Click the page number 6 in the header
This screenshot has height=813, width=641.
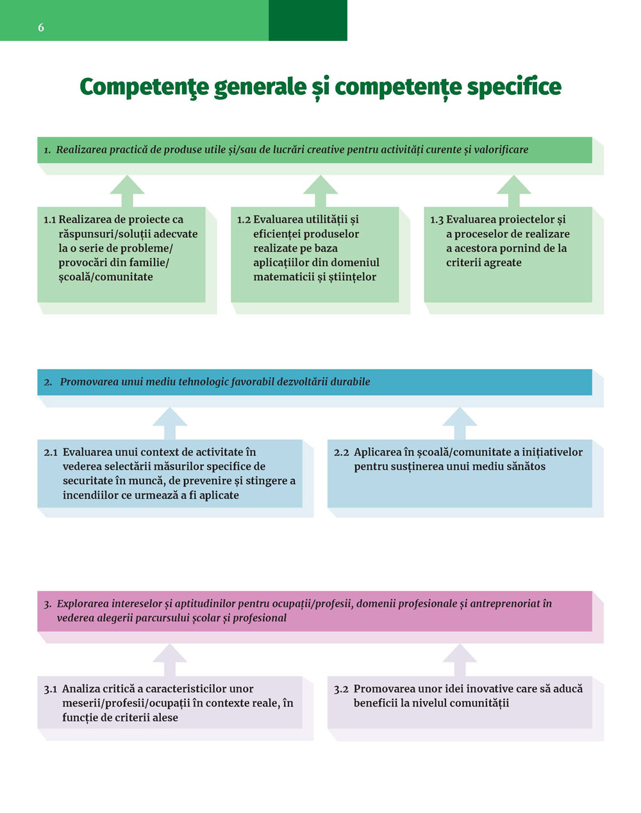click(41, 27)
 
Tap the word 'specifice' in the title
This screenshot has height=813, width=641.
click(513, 87)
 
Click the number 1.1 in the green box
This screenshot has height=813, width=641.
click(50, 220)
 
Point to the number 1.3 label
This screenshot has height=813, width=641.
click(437, 220)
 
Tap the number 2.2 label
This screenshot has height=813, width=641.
click(341, 453)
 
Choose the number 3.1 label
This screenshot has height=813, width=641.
click(51, 689)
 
